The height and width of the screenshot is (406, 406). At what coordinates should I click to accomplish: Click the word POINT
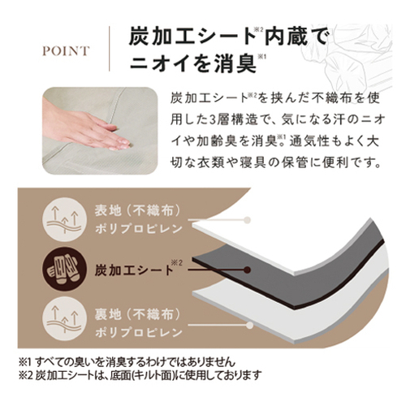(66, 51)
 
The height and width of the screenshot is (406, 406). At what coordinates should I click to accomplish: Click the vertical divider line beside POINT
(110, 49)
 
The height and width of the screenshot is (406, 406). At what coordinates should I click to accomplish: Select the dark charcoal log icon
(64, 270)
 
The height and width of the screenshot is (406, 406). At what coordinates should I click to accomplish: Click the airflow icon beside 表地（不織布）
(64, 220)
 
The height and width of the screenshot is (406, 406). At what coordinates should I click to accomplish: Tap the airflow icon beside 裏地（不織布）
(64, 319)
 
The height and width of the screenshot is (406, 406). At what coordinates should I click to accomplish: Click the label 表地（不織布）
(137, 210)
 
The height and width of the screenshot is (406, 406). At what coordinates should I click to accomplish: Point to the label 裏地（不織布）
(137, 314)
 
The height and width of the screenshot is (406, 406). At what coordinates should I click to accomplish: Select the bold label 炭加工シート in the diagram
(134, 270)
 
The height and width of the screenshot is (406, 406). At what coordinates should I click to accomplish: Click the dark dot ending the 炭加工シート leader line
(247, 270)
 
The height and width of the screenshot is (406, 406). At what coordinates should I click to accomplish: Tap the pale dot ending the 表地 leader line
(247, 220)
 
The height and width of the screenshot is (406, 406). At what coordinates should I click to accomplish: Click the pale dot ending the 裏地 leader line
(250, 325)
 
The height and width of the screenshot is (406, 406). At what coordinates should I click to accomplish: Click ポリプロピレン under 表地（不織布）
(139, 229)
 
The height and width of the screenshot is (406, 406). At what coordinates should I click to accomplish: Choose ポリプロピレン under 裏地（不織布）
(139, 333)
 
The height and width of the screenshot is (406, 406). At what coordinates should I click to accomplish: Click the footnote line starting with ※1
(127, 361)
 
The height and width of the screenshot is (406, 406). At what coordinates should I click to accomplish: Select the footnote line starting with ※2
(140, 375)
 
